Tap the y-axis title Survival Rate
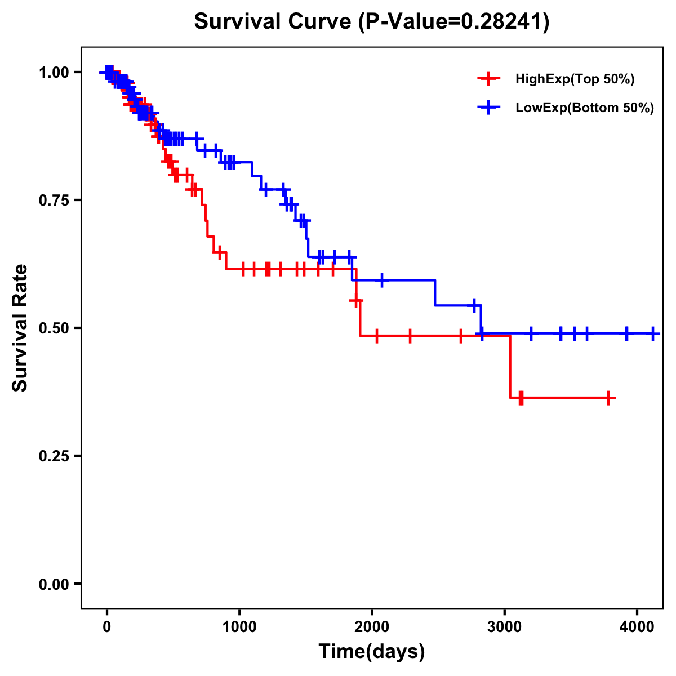(x=20, y=328)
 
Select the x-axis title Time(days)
(x=372, y=652)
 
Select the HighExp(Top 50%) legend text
(x=575, y=79)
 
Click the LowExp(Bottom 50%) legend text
(x=585, y=108)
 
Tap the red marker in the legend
(x=488, y=79)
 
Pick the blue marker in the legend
(x=488, y=108)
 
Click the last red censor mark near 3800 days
(x=608, y=398)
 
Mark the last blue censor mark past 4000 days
(x=652, y=333)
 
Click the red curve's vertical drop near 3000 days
(x=510, y=366)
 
